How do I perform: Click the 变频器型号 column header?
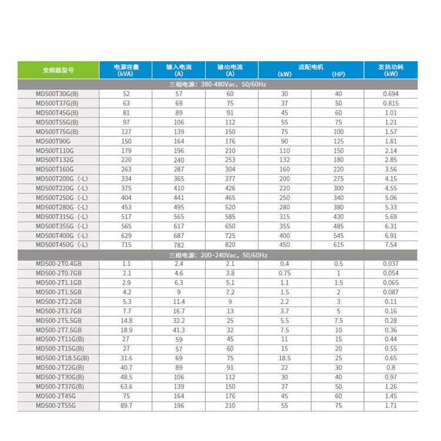(58, 69)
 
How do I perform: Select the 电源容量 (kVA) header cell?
(125, 69)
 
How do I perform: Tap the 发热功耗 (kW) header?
(391, 69)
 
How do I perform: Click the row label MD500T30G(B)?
(57, 94)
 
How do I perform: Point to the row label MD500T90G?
(53, 141)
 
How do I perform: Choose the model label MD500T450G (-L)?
(62, 245)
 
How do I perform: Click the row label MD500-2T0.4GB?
(59, 264)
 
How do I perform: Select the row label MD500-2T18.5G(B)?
(62, 358)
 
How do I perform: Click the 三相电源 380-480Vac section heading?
(218, 85)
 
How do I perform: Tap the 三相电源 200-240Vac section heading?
(218, 255)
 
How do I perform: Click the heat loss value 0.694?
(391, 94)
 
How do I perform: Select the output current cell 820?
(230, 245)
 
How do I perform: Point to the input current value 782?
(178, 245)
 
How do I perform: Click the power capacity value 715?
(126, 245)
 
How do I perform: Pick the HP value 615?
(338, 245)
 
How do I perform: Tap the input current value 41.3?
(178, 330)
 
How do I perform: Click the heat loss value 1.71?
(391, 405)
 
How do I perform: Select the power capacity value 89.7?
(126, 405)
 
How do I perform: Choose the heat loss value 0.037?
(391, 264)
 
